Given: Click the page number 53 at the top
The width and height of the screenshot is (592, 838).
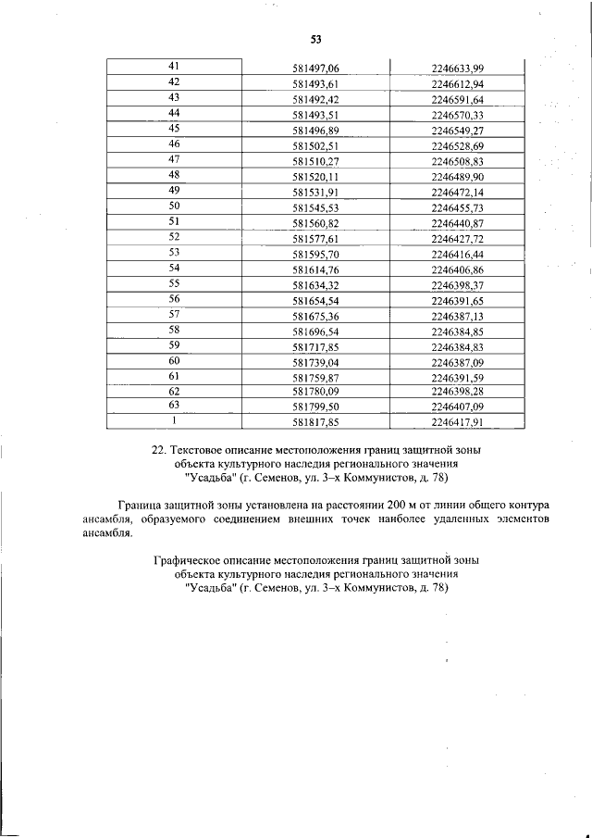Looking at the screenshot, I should tap(315, 39).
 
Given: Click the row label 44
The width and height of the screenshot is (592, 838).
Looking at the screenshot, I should tap(174, 112).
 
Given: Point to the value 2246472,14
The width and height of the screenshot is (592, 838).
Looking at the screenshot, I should tap(458, 191).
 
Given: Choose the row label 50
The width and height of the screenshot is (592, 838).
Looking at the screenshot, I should tap(174, 206).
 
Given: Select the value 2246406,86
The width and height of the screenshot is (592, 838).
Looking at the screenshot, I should tap(458, 269).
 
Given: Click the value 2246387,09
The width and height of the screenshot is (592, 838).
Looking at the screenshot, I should tap(458, 362).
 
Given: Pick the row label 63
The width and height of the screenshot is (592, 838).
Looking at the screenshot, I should tap(174, 405).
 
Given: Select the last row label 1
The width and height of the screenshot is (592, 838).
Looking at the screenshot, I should tap(174, 420).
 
